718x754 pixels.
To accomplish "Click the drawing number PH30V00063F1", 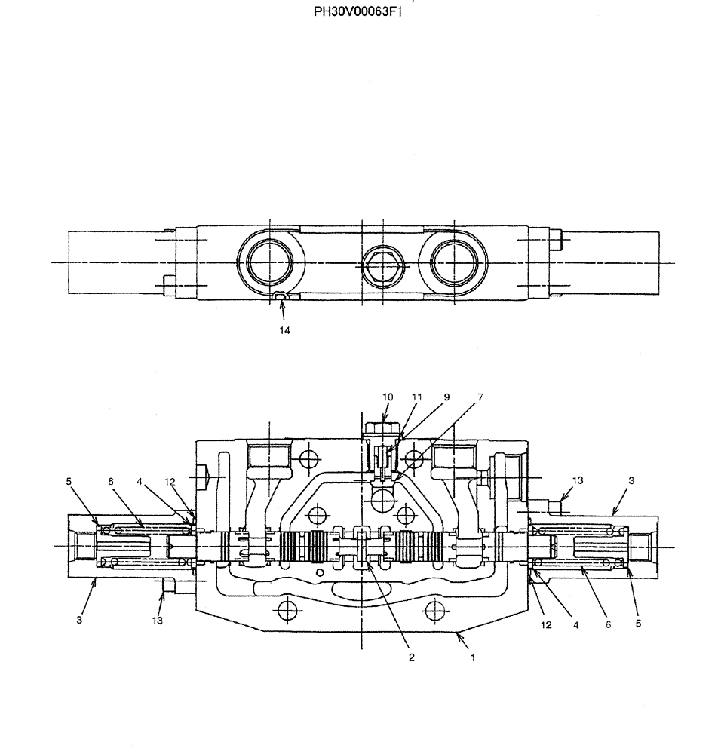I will tap(358, 12).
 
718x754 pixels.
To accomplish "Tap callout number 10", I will tap(388, 397).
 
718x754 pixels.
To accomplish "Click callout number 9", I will tap(446, 397).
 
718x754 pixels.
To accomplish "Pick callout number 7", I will tap(480, 397).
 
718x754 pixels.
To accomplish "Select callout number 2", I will tap(412, 657).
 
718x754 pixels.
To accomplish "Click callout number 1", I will tap(473, 657).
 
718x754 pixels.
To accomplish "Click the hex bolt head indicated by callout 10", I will tap(382, 428).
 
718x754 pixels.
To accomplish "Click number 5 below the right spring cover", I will tap(638, 624).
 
